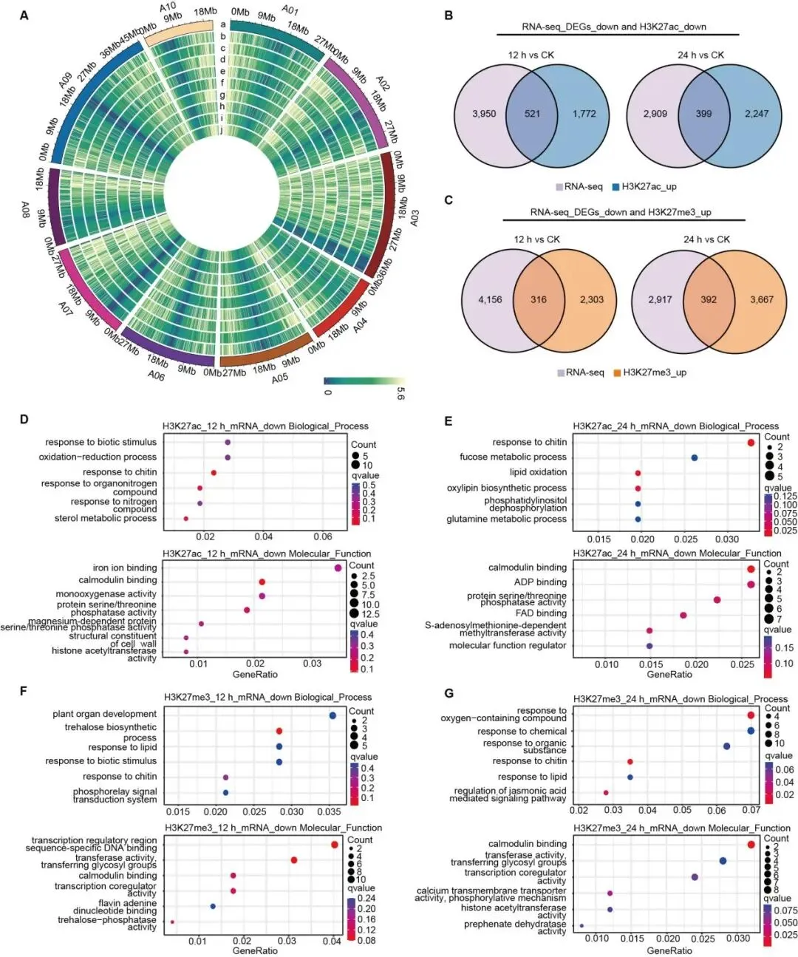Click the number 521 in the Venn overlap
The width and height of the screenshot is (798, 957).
click(x=532, y=114)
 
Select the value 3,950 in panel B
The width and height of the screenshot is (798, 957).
click(x=484, y=114)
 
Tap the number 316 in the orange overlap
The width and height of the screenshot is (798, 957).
click(x=539, y=299)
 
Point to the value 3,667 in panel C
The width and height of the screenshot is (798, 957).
click(x=761, y=299)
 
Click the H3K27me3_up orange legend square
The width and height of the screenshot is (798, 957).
click(x=617, y=372)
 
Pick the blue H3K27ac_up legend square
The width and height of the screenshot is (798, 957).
click(x=615, y=187)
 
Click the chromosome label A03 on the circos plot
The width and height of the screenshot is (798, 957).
click(x=415, y=218)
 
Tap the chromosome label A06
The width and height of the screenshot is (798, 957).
click(x=156, y=375)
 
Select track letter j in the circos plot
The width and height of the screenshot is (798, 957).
click(x=222, y=130)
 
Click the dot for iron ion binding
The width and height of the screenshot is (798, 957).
click(x=338, y=568)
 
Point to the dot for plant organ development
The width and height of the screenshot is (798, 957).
click(x=332, y=715)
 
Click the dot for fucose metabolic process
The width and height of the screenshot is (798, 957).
click(x=695, y=458)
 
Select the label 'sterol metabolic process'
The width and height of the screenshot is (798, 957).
click(x=106, y=518)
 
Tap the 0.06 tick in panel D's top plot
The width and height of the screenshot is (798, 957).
click(x=323, y=537)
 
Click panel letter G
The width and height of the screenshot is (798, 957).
click(x=449, y=693)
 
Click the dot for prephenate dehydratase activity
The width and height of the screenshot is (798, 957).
click(x=582, y=925)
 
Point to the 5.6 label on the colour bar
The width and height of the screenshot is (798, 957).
click(x=400, y=394)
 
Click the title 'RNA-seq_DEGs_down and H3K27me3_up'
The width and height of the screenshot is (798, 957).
click(x=620, y=212)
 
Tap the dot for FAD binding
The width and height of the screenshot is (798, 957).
click(x=683, y=615)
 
